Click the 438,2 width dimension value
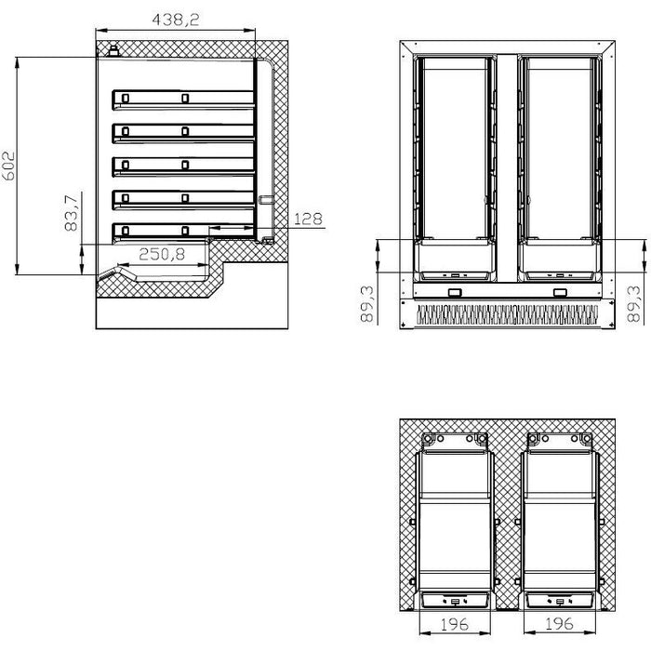click(x=176, y=20)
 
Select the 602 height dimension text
click(x=8, y=166)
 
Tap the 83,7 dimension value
click(x=72, y=213)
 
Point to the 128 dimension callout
click(x=308, y=219)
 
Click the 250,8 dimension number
click(x=162, y=254)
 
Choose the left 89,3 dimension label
click(x=367, y=304)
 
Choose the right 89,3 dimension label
click(x=634, y=304)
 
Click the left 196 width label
click(x=454, y=624)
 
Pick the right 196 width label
click(x=559, y=623)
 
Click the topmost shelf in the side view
click(x=183, y=100)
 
